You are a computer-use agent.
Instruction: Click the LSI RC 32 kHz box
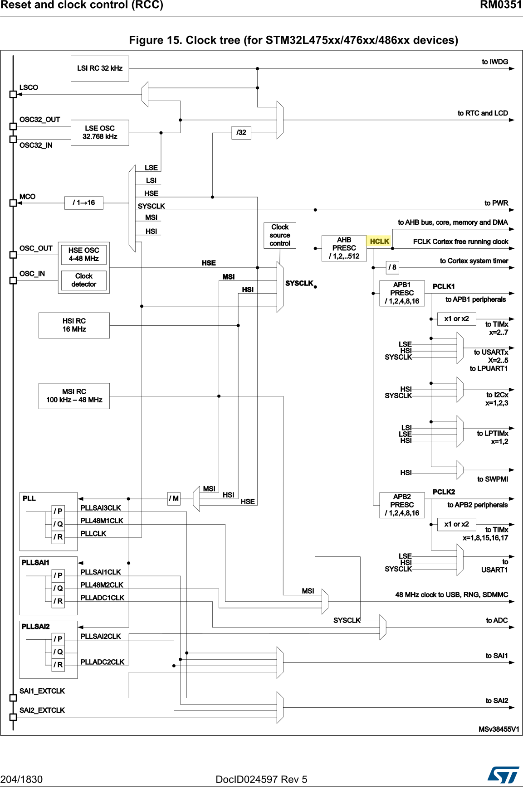coord(100,68)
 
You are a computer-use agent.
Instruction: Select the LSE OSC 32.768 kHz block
coord(100,133)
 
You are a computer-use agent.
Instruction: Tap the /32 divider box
coord(241,133)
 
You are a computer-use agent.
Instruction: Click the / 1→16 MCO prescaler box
coord(84,203)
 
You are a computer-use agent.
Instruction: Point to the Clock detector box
coord(84,280)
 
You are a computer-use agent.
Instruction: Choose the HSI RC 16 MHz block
coord(74,325)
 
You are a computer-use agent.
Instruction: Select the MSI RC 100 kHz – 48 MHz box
coord(74,396)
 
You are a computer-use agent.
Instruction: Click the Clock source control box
coord(280,235)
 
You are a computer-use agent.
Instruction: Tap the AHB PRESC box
coord(344,248)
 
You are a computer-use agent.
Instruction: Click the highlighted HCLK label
coord(379,241)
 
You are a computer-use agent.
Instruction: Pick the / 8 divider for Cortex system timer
coord(392,267)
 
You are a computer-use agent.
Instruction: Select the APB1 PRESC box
coord(402,293)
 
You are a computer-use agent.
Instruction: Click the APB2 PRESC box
coord(402,505)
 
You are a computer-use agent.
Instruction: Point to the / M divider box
coord(174,499)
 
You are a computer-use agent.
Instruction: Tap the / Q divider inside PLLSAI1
coord(58,589)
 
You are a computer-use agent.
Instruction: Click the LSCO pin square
coord(13,94)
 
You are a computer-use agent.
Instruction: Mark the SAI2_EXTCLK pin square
coord(13,717)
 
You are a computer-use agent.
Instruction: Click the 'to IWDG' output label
coord(495,62)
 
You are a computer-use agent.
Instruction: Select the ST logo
coord(503,775)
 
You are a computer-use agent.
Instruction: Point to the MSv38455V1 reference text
coord(499,729)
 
